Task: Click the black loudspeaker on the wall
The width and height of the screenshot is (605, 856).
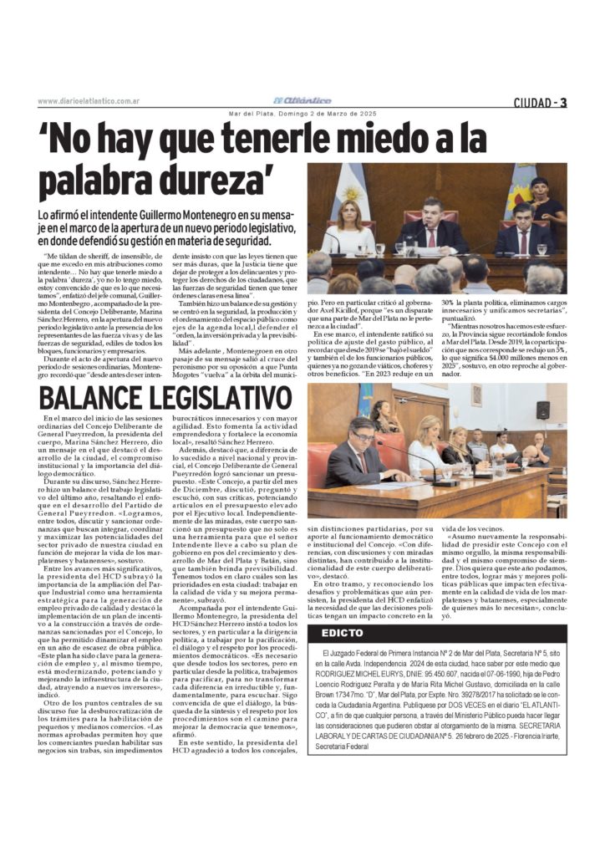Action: pos(543,410)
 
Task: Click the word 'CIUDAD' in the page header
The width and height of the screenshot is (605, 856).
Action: pos(534,102)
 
